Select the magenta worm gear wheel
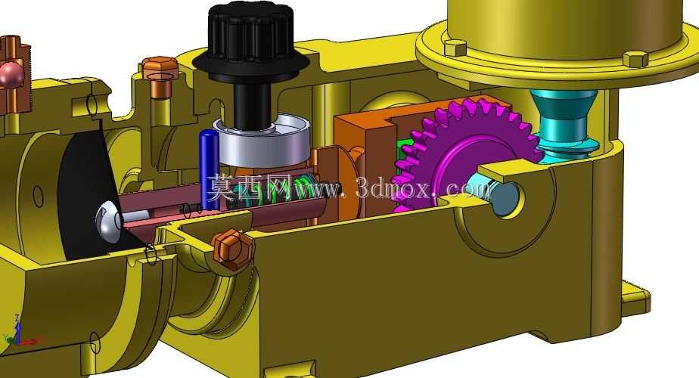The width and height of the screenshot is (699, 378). pyautogui.click(x=464, y=151)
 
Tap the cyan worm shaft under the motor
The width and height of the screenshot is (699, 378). pyautogui.click(x=564, y=123)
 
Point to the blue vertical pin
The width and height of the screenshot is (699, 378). pyautogui.click(x=209, y=169)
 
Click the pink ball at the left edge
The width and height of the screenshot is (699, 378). pyautogui.click(x=11, y=76)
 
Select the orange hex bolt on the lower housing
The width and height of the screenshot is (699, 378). pyautogui.click(x=232, y=249)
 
